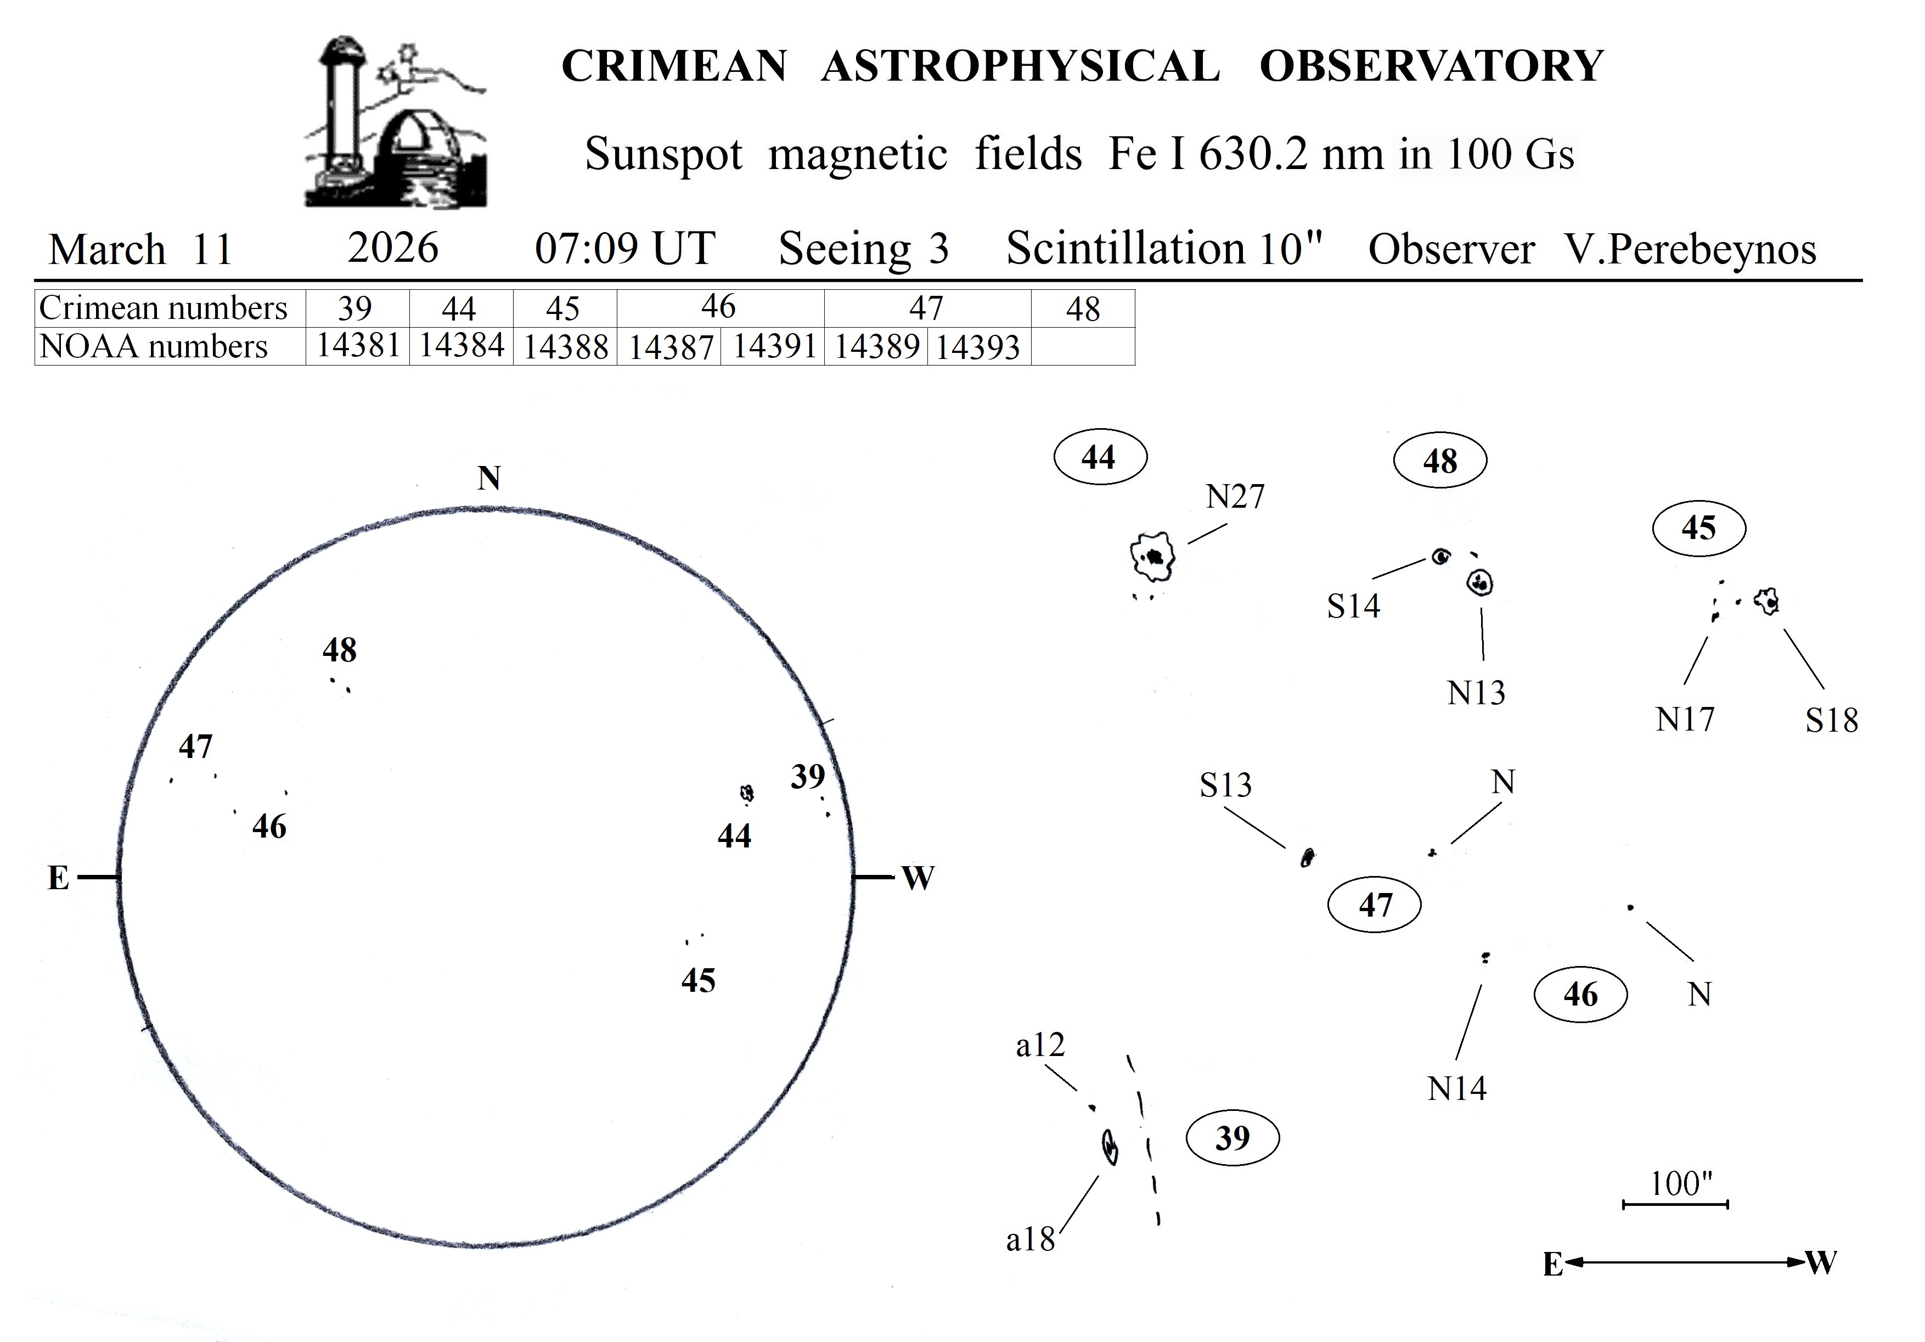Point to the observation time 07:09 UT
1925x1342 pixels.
[624, 248]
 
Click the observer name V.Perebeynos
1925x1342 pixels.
[1690, 250]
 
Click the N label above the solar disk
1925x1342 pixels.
[489, 478]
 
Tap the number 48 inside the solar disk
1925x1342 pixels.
[340, 650]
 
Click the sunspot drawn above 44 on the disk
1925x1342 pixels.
[746, 793]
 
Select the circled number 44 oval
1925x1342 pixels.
[1099, 457]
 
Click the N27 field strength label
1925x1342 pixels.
[1234, 497]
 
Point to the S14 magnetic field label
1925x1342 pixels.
[1352, 605]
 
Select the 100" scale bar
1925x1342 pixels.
[1675, 1204]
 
